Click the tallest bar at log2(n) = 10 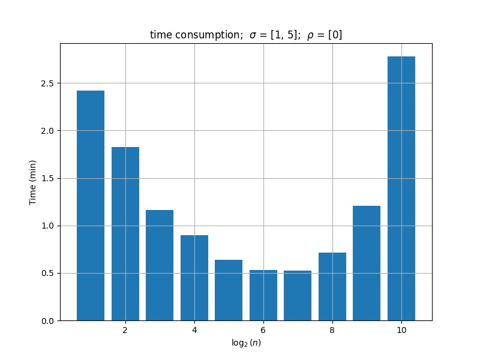pyautogui.click(x=401, y=188)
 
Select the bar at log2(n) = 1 pyautogui.click(x=91, y=206)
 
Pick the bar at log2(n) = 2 pyautogui.click(x=125, y=234)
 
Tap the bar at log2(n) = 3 pyautogui.click(x=160, y=265)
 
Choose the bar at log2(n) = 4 pyautogui.click(x=194, y=278)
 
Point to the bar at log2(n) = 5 pyautogui.click(x=229, y=290)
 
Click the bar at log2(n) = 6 pyautogui.click(x=263, y=295)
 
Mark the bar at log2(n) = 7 pyautogui.click(x=298, y=296)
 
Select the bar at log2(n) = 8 pyautogui.click(x=332, y=287)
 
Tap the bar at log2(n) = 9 pyautogui.click(x=367, y=263)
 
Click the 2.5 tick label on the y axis pyautogui.click(x=47, y=83)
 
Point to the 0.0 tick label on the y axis pyautogui.click(x=47, y=321)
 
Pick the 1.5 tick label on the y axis pyautogui.click(x=47, y=178)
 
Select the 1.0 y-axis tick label pyautogui.click(x=47, y=226)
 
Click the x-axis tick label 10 pyautogui.click(x=401, y=330)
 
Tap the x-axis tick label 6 pyautogui.click(x=263, y=330)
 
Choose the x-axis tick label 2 pyautogui.click(x=125, y=330)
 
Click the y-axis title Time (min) pyautogui.click(x=33, y=182)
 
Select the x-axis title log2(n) pyautogui.click(x=246, y=343)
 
